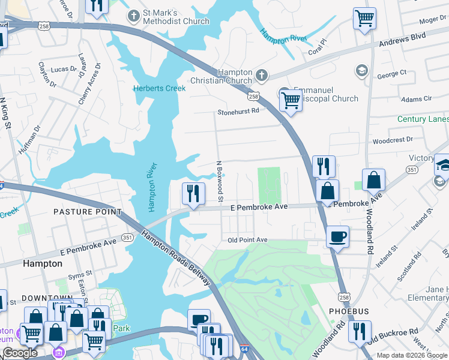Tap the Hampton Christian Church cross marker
click(x=261, y=75)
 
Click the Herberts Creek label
click(x=159, y=88)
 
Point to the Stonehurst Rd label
click(x=238, y=111)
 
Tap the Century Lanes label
click(x=423, y=119)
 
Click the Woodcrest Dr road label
click(x=393, y=139)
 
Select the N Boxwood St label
click(x=220, y=181)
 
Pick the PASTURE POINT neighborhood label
click(x=87, y=212)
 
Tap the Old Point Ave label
click(x=247, y=240)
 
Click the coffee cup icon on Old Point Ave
click(x=337, y=236)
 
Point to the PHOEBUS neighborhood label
click(x=349, y=311)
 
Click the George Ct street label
click(x=392, y=75)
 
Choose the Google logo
click(x=20, y=353)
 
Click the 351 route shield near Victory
click(x=411, y=170)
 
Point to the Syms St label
click(x=77, y=276)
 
